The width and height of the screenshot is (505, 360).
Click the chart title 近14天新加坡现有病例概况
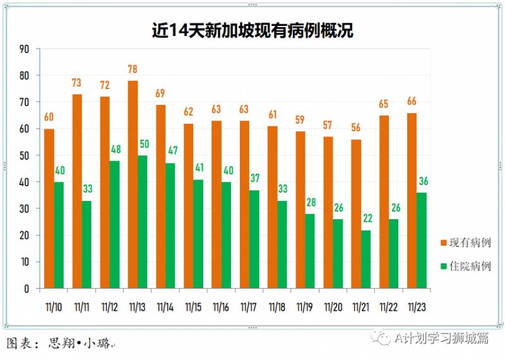point(252,30)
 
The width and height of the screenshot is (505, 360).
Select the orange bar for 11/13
point(133,184)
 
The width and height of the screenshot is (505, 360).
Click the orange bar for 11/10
point(49,208)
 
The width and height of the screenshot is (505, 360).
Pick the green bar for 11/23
point(422,241)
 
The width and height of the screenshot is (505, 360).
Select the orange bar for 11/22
point(384,202)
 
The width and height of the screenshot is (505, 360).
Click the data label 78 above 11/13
point(133,69)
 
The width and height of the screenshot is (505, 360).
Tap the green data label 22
point(367,219)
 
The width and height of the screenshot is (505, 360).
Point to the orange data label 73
point(76,83)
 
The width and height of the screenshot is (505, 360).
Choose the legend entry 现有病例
point(465,243)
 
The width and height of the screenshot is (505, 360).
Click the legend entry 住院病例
point(465,266)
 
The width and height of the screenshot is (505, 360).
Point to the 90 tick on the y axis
point(24,49)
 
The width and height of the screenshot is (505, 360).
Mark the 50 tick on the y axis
point(24,155)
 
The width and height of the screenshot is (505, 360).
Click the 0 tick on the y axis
point(27,289)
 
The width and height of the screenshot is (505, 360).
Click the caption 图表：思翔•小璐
point(60,344)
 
